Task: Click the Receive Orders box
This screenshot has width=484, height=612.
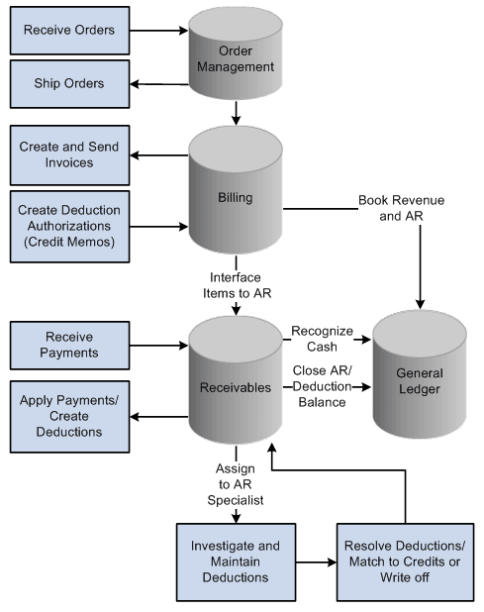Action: click(x=68, y=30)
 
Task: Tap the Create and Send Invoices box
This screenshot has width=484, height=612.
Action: click(x=68, y=154)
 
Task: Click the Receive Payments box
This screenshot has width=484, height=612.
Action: click(x=68, y=345)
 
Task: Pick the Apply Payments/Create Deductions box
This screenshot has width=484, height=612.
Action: click(x=68, y=416)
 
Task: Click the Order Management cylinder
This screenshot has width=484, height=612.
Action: click(x=237, y=59)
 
